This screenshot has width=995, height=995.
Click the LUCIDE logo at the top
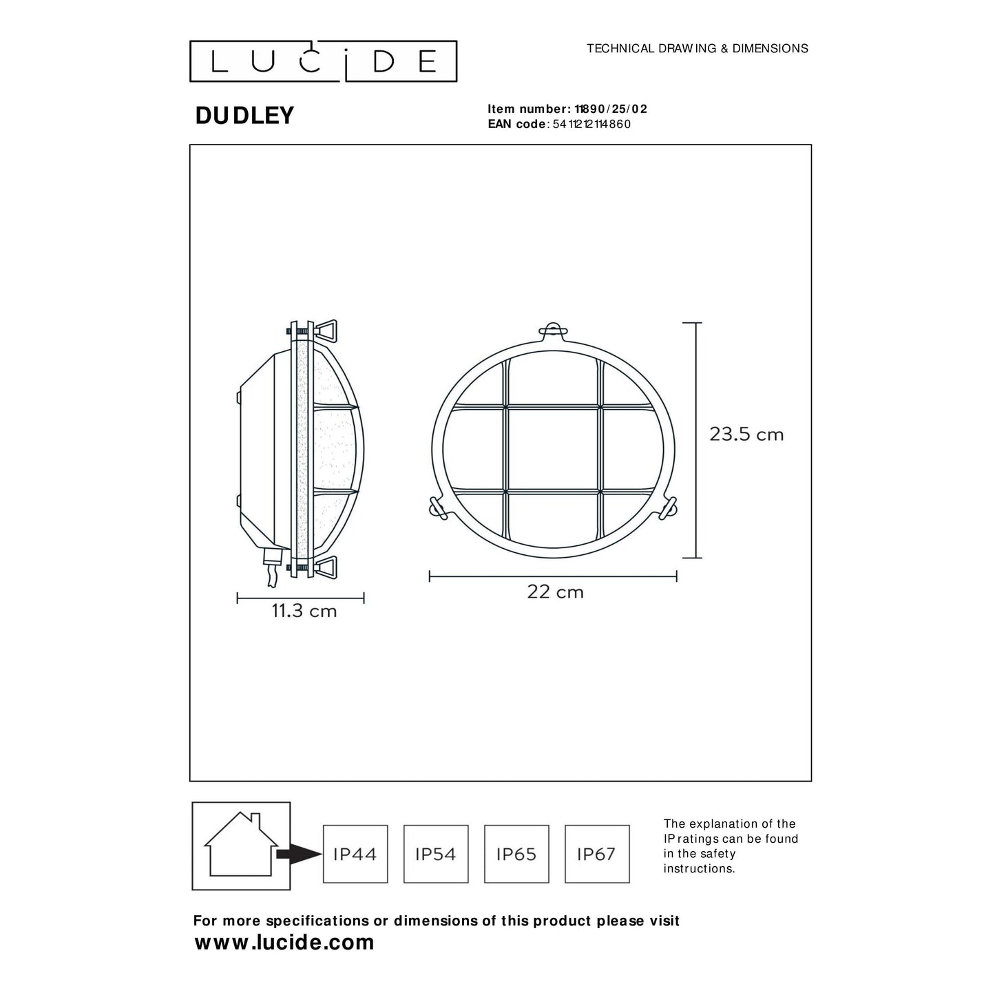pos(323,61)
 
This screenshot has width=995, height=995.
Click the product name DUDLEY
pos(244,116)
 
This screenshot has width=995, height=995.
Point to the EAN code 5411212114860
pos(591,124)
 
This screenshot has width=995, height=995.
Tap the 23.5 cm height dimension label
pos(746,434)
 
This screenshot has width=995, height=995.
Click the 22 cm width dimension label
pos(555,592)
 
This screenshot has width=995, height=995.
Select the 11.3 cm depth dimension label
pos(304,611)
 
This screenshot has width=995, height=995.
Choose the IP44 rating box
pos(355,854)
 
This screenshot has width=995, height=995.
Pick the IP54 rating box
pos(436,854)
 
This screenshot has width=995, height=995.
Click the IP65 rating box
pos(516,854)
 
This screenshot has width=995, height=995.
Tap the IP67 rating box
pos(597,854)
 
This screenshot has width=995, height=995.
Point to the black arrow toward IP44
pos(299,854)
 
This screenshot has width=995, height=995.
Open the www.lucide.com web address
pos(284,943)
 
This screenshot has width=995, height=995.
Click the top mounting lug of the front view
pos(553,331)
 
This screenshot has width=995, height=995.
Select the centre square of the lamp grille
pos(553,449)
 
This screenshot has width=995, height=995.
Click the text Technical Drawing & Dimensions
pos(697,48)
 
